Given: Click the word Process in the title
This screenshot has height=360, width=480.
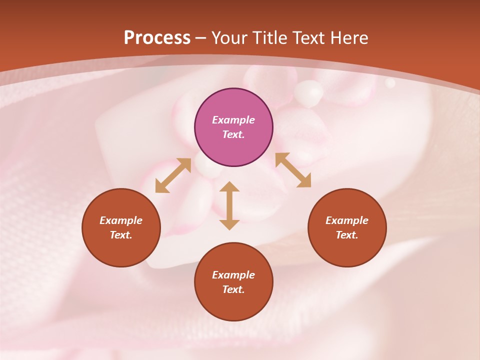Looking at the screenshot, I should [157, 37].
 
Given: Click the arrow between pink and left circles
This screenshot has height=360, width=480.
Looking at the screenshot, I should [173, 175].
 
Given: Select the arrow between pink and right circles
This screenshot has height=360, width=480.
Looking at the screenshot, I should [293, 170].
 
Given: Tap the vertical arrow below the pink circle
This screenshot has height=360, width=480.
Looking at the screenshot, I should [229, 205].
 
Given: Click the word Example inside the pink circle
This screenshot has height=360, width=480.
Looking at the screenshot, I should [233, 120].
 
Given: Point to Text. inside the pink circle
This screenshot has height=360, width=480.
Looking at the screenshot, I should [233, 134].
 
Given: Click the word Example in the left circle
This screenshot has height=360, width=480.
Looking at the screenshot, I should [121, 220].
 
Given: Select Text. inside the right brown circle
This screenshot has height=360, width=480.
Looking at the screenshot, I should [347, 235].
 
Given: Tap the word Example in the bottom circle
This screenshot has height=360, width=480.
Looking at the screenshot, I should [233, 275].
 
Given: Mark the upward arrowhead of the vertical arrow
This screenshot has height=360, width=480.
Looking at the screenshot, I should [229, 186].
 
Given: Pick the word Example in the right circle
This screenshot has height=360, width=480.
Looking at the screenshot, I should [347, 220].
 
